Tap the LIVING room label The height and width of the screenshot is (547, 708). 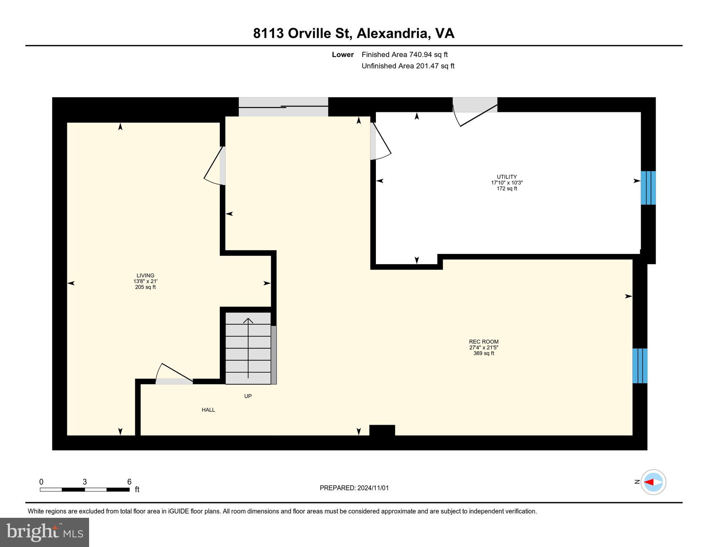(x=145, y=275)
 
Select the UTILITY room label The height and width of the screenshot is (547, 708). (x=507, y=177)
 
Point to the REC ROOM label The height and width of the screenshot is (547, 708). (x=484, y=342)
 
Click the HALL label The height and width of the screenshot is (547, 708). (x=208, y=410)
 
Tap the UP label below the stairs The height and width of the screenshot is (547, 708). (x=248, y=396)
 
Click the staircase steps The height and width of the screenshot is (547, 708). (x=248, y=348)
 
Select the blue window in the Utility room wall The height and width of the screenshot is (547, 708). (x=648, y=188)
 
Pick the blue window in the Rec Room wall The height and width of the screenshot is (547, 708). (x=640, y=366)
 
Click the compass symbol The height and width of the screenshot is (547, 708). (x=653, y=482)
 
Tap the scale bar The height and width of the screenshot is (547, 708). (x=85, y=490)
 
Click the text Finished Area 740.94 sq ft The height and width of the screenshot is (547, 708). (x=405, y=54)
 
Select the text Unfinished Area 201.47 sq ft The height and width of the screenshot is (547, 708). (x=408, y=66)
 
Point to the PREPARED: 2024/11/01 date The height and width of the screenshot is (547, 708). (x=354, y=488)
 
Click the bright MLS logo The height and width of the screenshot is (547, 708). (x=45, y=532)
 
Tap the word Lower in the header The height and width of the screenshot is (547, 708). (x=343, y=54)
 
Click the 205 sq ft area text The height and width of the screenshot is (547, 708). (x=145, y=287)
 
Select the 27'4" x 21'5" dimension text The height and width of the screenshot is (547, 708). (x=484, y=347)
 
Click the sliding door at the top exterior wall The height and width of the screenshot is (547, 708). (x=283, y=106)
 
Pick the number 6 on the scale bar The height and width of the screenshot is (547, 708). (x=129, y=482)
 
